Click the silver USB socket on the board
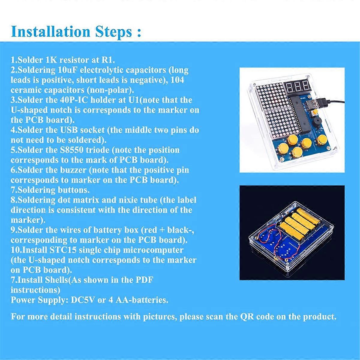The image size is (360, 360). pyautogui.click(x=311, y=106)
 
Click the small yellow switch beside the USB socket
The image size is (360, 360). pyautogui.click(x=315, y=113)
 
